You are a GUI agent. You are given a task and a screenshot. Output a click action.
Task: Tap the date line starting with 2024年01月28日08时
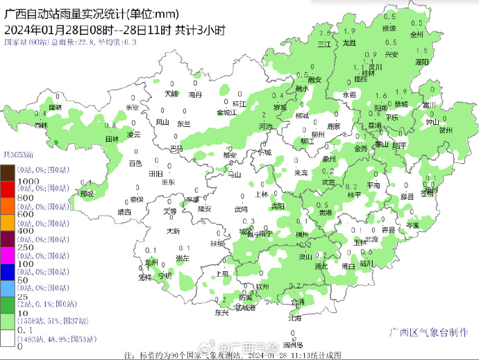click(x=115, y=29)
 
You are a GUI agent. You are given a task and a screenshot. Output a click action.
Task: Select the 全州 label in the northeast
click(x=417, y=33)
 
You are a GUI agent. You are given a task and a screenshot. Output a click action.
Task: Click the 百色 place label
click(x=135, y=164)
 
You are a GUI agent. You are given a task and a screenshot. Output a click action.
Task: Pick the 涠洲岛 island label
click(x=292, y=345)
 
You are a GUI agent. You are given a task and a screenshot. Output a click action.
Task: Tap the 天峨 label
click(x=171, y=93)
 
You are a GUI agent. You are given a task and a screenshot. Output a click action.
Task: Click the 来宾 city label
click(x=301, y=172)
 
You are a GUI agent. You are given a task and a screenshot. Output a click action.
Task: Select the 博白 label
click(x=349, y=266)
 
